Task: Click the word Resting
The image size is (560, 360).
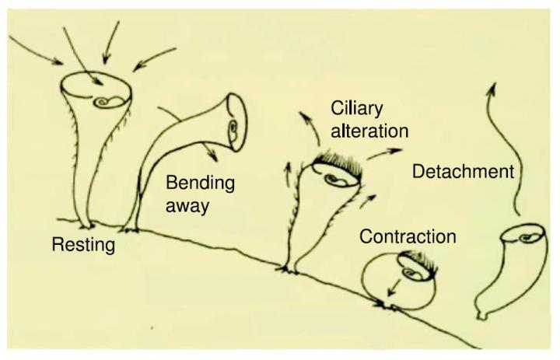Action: click(83, 246)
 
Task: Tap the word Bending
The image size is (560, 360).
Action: click(201, 184)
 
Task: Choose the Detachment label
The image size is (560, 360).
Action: click(464, 171)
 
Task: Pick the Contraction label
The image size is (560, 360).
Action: click(407, 235)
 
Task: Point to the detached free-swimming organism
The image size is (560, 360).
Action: click(502, 268)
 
